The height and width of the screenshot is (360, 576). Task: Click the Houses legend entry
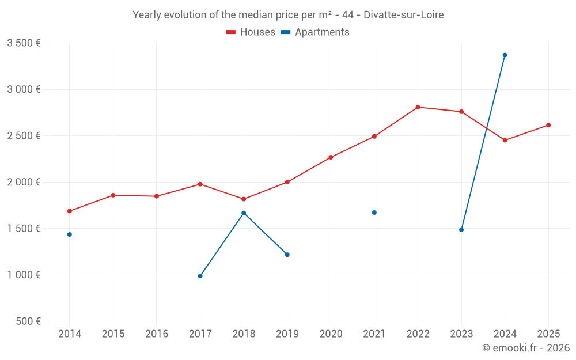tap(251, 32)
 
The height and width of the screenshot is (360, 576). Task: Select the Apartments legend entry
tap(315, 32)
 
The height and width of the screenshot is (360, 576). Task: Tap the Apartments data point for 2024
tap(505, 55)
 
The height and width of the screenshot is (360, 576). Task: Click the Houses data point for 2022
tap(418, 107)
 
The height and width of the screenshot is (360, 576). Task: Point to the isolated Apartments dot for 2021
tap(374, 213)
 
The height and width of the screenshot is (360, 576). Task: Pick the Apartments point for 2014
tap(70, 234)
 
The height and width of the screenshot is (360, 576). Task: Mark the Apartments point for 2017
tap(200, 276)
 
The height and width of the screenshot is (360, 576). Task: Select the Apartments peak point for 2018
tap(244, 213)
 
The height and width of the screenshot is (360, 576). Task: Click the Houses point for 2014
tap(70, 211)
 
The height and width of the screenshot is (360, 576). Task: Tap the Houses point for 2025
tap(548, 125)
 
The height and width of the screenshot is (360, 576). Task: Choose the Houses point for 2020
tap(331, 157)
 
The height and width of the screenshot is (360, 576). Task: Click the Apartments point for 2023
tap(461, 230)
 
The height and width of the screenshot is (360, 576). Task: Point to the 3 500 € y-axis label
tap(24, 43)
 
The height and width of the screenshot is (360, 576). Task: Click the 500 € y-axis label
tap(28, 321)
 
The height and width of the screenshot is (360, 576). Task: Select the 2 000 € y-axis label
tap(24, 182)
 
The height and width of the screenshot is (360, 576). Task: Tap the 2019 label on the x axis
tap(287, 334)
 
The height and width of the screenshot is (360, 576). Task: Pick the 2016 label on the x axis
tap(157, 334)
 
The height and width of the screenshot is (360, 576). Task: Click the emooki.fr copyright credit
tap(526, 348)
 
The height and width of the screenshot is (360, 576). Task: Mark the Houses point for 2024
tap(505, 140)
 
